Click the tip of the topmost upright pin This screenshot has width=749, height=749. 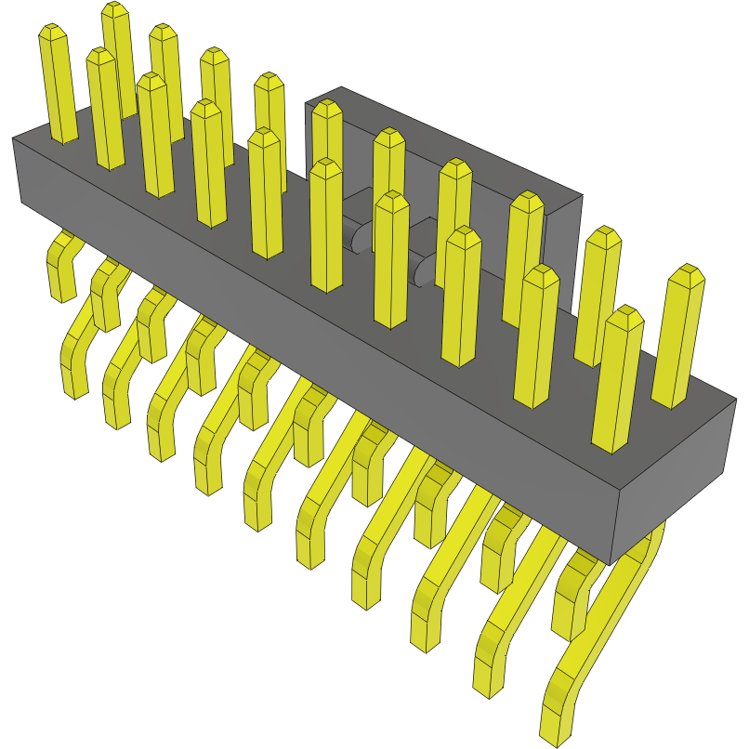pos(115,9)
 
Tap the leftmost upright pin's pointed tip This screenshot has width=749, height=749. pos(53,33)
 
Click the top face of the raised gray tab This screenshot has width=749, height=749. pos(446,139)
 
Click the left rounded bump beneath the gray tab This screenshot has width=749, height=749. pos(358,237)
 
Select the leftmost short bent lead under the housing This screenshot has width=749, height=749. pos(61,274)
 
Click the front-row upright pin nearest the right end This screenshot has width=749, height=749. pos(618,381)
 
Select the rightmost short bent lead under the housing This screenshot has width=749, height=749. pos(572,604)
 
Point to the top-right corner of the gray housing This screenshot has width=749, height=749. pos(734,401)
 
